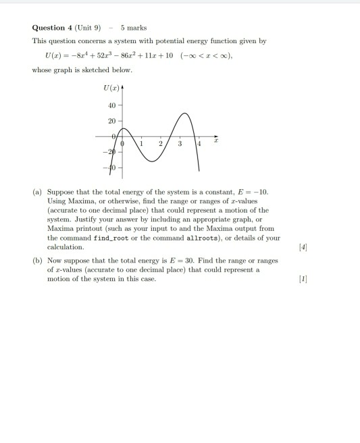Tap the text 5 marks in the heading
click(x=133, y=28)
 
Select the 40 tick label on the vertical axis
click(x=112, y=105)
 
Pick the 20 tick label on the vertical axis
click(x=112, y=120)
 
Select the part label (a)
click(x=38, y=192)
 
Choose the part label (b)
click(x=38, y=260)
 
